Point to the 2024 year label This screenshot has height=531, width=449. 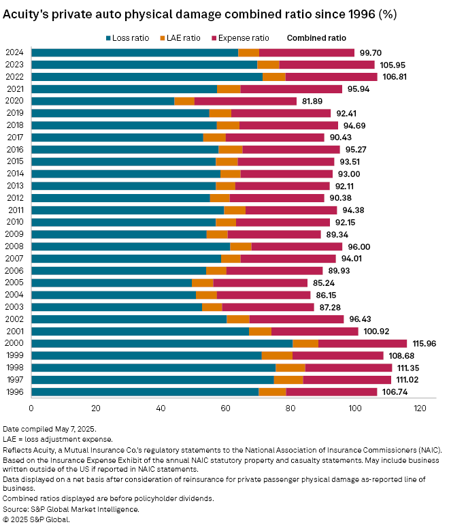pos(15,52)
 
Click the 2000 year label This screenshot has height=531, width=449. pos(15,343)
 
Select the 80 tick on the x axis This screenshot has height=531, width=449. pos(290,408)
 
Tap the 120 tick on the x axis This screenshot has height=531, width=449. pos(420,408)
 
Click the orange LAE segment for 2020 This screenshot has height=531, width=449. pos(184,101)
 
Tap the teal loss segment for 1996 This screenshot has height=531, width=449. pos(144,391)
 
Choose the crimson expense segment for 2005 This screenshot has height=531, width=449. pos(261,283)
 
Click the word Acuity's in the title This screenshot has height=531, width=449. pos(29,14)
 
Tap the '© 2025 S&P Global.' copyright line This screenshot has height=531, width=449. pos(36,519)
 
